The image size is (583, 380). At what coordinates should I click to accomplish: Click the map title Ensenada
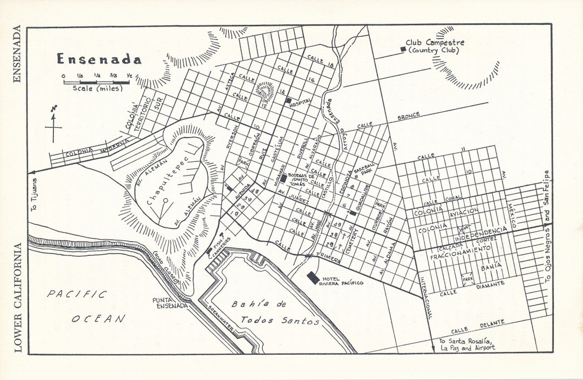(x=99, y=59)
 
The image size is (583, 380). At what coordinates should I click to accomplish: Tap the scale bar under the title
(x=97, y=83)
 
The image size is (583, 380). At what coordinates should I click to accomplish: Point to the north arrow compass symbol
(x=53, y=125)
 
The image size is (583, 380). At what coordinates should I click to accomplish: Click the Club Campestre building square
(x=403, y=50)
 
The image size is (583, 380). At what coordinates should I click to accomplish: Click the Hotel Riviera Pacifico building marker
(x=313, y=277)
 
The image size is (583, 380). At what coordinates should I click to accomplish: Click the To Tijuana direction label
(x=36, y=194)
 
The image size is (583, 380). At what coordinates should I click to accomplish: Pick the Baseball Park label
(x=363, y=173)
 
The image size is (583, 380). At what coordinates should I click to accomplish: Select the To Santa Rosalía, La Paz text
(x=466, y=344)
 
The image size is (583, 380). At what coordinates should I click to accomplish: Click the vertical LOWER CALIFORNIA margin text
(x=18, y=297)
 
